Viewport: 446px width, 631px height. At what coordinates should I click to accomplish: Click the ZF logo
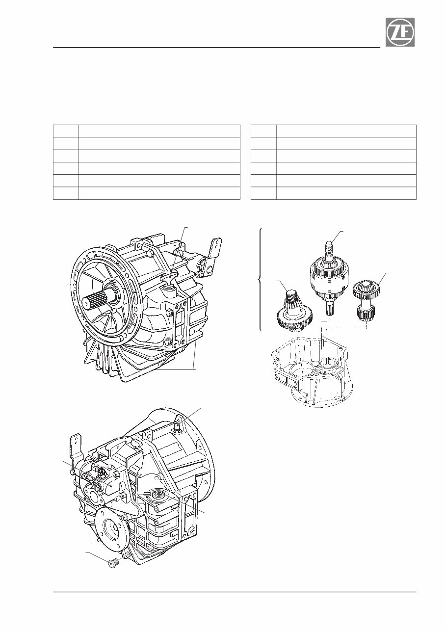tap(399, 32)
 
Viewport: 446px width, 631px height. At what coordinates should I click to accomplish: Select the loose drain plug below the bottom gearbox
tap(113, 562)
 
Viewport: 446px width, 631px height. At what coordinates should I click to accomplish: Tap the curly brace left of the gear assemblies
tap(260, 280)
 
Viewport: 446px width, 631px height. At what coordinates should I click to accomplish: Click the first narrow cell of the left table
tap(66, 131)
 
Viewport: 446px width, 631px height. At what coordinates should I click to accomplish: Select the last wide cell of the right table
tap(346, 193)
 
